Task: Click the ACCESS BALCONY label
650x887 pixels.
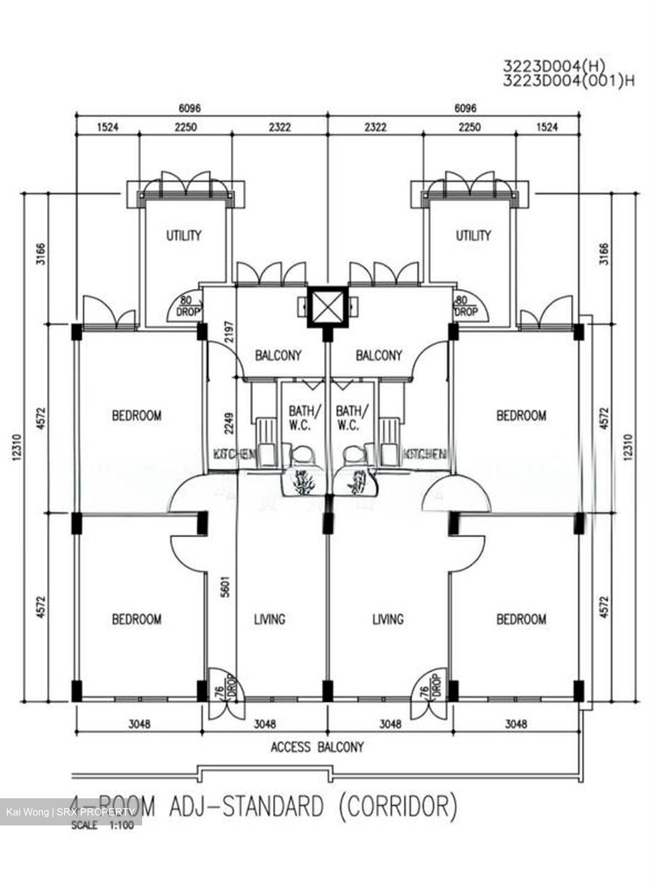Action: (x=317, y=747)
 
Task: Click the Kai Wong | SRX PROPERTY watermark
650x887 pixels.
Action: (x=70, y=812)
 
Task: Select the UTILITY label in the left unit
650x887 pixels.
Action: (x=183, y=235)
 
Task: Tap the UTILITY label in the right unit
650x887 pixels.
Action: (x=473, y=235)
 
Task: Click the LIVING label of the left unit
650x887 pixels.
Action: (x=270, y=619)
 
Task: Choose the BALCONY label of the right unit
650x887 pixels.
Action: (x=379, y=355)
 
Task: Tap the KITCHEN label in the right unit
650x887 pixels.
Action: (x=424, y=455)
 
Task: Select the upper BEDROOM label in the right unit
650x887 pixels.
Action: (x=521, y=416)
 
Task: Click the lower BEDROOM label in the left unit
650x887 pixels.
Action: (x=136, y=619)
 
